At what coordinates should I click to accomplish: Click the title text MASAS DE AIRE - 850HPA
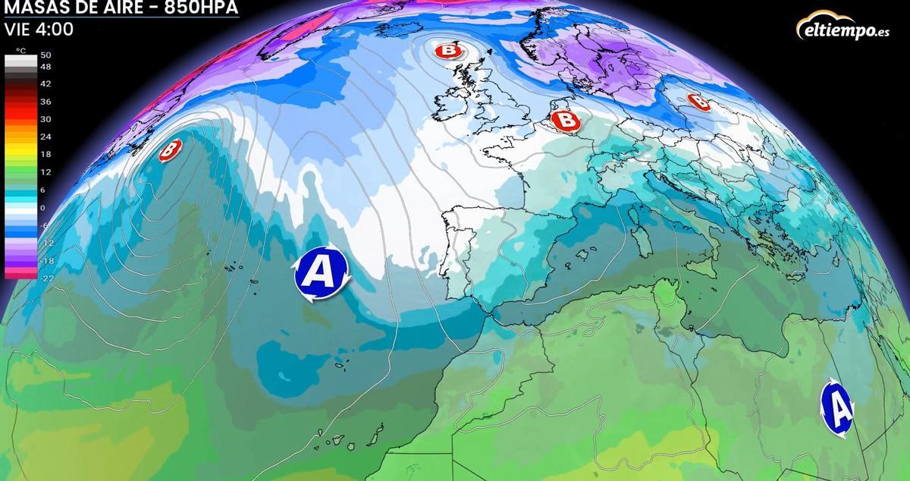tap(121, 8)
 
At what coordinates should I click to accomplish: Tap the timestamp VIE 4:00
tap(39, 30)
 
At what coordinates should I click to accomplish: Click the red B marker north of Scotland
tap(449, 51)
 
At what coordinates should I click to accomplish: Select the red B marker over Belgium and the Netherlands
tap(563, 120)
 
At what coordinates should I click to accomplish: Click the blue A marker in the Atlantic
tap(321, 272)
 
